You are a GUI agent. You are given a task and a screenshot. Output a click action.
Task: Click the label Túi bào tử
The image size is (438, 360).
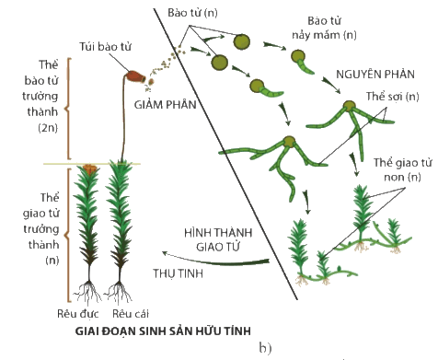click(x=105, y=47)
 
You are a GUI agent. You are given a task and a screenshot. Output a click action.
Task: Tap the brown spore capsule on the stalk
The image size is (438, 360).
click(x=135, y=76)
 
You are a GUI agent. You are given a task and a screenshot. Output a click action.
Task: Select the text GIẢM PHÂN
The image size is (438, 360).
click(x=166, y=105)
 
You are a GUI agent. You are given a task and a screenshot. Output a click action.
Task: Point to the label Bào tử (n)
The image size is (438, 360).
click(x=192, y=13)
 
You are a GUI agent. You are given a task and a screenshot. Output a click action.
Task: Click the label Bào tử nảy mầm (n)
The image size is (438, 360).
click(x=324, y=28)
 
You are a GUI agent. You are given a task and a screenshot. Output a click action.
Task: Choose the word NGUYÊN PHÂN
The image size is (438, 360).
click(x=375, y=75)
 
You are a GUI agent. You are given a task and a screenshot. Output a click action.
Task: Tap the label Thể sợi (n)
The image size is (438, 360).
click(x=393, y=97)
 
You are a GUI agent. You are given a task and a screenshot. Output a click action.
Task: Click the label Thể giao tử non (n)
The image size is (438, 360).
click(x=403, y=169)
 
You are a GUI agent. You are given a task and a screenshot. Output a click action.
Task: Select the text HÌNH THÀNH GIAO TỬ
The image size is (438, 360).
click(x=218, y=239)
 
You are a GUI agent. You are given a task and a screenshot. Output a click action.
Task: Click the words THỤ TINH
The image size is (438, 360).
click(x=179, y=273)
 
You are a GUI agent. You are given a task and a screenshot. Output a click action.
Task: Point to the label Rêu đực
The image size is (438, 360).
click(x=78, y=314)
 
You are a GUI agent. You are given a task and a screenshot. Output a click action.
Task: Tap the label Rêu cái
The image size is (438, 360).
click(x=131, y=314)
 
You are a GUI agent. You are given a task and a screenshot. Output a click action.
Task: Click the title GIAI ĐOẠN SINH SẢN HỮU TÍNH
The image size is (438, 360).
click(x=163, y=331)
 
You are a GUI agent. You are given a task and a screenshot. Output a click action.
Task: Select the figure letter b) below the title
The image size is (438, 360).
click(x=265, y=348)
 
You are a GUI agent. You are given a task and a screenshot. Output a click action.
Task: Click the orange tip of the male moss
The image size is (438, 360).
click(x=89, y=168)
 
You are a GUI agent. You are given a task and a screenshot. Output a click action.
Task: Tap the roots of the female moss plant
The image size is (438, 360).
click(x=119, y=292)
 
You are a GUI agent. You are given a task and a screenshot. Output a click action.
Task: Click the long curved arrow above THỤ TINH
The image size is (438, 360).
click(x=215, y=261)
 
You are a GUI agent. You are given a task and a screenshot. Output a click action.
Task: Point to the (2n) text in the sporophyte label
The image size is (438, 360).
click(x=48, y=127)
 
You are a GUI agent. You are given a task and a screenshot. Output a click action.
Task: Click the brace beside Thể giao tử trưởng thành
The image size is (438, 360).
click(x=68, y=235)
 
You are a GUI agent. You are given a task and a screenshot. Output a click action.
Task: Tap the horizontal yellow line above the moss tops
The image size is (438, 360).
click(x=92, y=164)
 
